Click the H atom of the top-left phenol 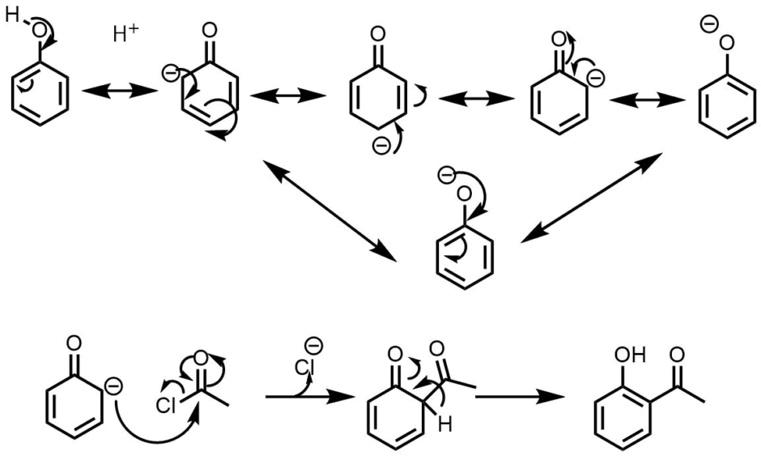[x=11, y=15]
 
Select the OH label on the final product [x=623, y=353]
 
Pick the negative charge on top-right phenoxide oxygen [x=708, y=24]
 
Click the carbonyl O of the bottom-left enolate [x=74, y=344]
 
